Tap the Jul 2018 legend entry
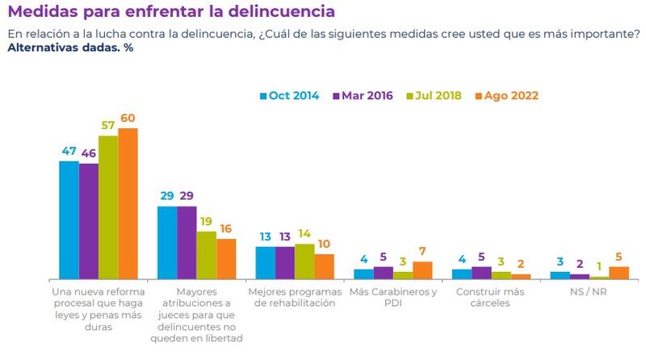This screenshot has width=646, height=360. pyautogui.click(x=434, y=95)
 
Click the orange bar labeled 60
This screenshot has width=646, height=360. pyautogui.click(x=128, y=203)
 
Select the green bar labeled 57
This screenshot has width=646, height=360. pyautogui.click(x=108, y=207)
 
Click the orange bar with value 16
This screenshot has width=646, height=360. pyautogui.click(x=226, y=258)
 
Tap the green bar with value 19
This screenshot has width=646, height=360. pyautogui.click(x=207, y=255)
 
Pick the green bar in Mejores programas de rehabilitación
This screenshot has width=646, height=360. pyautogui.click(x=304, y=261)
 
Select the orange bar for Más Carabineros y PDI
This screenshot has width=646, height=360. pyautogui.click(x=422, y=270)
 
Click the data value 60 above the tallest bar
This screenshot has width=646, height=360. pyautogui.click(x=128, y=119)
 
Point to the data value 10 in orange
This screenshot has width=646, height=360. pyautogui.click(x=324, y=244)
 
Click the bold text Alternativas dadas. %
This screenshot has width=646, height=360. pyautogui.click(x=70, y=48)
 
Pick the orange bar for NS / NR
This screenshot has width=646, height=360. pyautogui.click(x=619, y=272)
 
